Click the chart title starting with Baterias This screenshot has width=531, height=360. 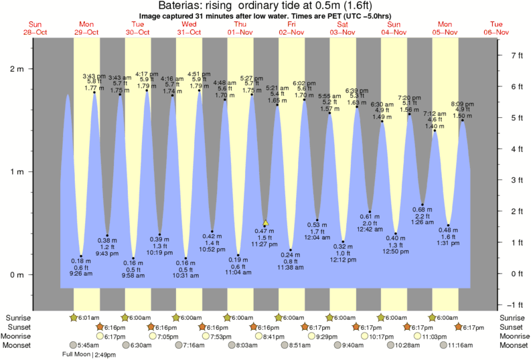point(266,5)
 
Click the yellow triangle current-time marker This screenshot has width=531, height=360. point(266,223)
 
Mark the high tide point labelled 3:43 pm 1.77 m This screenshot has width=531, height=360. point(94,92)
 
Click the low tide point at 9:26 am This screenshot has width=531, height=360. point(81,256)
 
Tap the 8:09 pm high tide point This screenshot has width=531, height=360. point(462,120)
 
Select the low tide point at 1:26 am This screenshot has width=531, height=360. point(423,204)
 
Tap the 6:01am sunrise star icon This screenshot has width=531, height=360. point(74,317)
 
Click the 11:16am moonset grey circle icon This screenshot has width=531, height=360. point(443,345)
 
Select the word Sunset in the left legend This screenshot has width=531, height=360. point(18,327)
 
